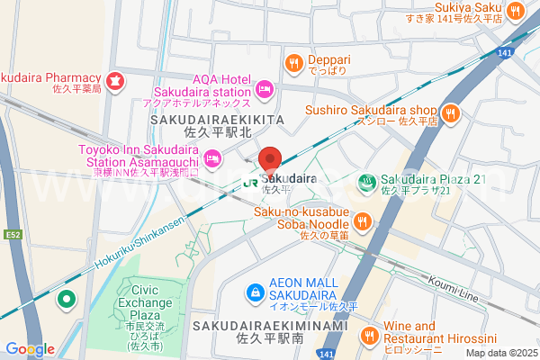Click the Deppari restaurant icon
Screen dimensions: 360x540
pos(293,62)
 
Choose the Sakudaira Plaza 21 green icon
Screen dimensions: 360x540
pos(366,181)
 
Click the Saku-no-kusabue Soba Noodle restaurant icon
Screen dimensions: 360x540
pos(362,220)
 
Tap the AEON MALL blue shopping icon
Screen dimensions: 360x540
pos(256,292)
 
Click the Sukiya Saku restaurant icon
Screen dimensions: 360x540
pos(516,11)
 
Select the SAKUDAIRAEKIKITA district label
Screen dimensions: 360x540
pos(217,119)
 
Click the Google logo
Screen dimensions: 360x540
pos(31,348)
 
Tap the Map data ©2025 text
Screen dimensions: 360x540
pos(500,352)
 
